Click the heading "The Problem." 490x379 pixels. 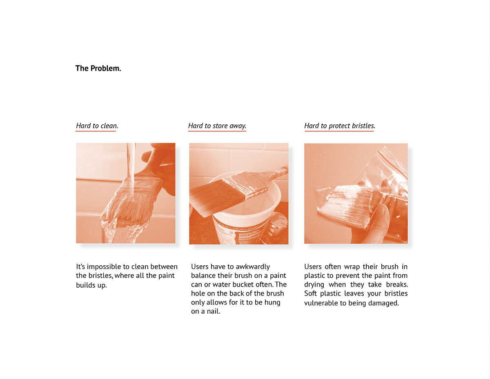[x=98, y=68]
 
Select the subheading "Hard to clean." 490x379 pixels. [x=97, y=126]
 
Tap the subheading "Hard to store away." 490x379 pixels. [x=217, y=126]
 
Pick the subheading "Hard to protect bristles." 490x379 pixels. [x=339, y=126]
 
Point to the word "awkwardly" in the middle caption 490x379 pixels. [x=253, y=267]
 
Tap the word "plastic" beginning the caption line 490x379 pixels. [x=315, y=276]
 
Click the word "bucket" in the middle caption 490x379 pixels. [x=249, y=285]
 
